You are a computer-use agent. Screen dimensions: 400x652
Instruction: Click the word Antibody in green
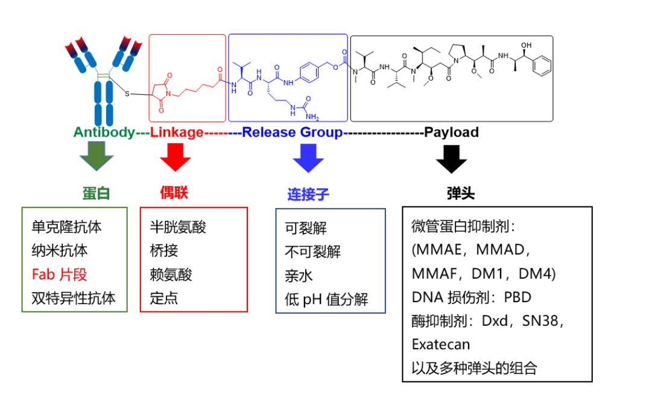pos(104,132)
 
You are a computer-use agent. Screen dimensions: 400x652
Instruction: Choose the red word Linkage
pos(177,132)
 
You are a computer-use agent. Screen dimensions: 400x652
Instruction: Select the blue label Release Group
pos(293,132)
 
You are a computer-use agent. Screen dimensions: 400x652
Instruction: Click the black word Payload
pos(451,132)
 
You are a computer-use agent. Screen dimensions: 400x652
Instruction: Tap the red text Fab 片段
pos(60,275)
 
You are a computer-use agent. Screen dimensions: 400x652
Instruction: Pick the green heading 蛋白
pos(97,193)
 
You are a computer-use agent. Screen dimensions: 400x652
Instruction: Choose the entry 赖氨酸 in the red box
pos(171,275)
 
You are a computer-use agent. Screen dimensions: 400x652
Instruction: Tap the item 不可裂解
pos(312,252)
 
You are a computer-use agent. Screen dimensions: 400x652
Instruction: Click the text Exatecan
pos(441,344)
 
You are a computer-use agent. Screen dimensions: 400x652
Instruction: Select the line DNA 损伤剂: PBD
pos(472,297)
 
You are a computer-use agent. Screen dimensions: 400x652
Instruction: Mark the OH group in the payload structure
pos(527,45)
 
